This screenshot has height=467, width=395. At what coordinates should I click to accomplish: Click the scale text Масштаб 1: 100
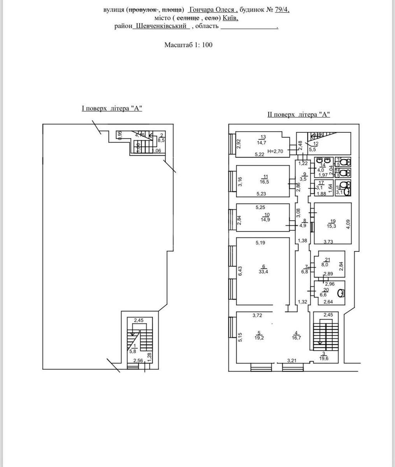(x=188, y=45)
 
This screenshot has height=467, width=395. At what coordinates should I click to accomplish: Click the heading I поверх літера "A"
(x=112, y=109)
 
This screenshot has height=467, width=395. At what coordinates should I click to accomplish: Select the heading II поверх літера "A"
(x=298, y=114)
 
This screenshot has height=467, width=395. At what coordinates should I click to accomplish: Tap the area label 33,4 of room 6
(x=264, y=272)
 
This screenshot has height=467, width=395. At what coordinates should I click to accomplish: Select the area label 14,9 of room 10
(x=265, y=219)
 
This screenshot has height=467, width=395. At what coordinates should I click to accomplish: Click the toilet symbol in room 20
(x=341, y=293)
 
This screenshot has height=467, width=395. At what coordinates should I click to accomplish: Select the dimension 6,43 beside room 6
(x=240, y=271)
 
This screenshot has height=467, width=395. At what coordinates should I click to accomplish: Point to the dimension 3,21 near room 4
(x=292, y=361)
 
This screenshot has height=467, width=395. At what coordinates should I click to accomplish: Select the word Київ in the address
(x=230, y=18)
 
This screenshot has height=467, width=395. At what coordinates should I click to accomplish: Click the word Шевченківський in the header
(x=161, y=26)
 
